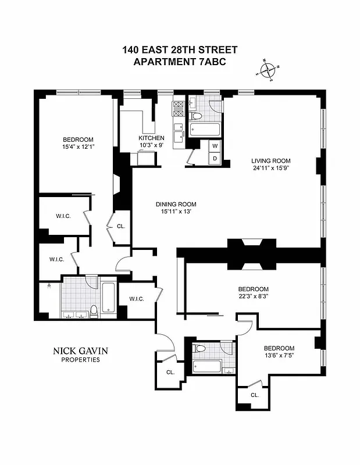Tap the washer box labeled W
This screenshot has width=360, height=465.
[215, 145]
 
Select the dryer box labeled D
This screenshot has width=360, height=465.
[215, 158]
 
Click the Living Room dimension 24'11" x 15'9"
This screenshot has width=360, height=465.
[270, 169]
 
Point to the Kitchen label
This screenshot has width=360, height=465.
[143, 138]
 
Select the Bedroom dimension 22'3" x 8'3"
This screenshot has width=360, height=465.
[253, 296]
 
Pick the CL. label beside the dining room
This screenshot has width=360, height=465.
[121, 227]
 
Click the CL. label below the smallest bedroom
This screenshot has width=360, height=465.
[255, 395]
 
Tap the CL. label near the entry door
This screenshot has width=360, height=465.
[170, 372]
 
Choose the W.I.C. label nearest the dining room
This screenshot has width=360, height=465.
[137, 299]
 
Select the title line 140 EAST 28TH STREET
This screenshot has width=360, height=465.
[180, 51]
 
